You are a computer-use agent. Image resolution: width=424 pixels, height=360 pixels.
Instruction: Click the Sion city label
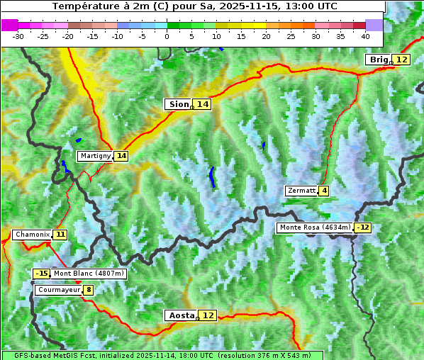(x=178, y=104)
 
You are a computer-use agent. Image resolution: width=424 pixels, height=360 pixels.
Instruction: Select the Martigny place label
(x=95, y=156)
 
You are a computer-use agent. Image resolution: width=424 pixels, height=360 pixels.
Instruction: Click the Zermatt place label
(x=301, y=191)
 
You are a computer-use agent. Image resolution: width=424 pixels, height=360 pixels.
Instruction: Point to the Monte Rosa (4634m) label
(x=315, y=227)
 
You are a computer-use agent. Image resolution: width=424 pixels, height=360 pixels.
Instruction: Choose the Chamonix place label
(x=32, y=235)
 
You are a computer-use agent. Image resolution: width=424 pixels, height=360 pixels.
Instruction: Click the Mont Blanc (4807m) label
(x=89, y=274)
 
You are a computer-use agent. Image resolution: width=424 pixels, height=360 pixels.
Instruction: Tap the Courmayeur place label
(x=58, y=290)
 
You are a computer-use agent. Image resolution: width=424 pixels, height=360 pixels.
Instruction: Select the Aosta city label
(x=180, y=315)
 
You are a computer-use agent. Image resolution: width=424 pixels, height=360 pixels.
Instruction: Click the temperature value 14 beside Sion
(x=203, y=104)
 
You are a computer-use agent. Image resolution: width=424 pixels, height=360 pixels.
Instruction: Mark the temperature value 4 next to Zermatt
(x=324, y=191)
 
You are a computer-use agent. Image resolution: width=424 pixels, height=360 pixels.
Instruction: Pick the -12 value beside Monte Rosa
(x=363, y=227)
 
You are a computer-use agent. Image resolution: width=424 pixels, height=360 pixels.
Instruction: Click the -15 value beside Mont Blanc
(x=42, y=274)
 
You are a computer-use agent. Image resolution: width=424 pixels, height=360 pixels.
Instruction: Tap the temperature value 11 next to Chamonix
(x=60, y=235)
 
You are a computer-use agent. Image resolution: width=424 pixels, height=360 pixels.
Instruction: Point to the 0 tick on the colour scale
(x=167, y=35)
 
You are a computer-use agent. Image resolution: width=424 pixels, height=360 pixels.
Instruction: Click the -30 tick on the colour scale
(x=18, y=35)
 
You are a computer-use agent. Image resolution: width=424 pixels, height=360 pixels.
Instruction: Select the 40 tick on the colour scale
(x=365, y=35)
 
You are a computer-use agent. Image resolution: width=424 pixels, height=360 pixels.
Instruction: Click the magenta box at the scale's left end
(x=9, y=25)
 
